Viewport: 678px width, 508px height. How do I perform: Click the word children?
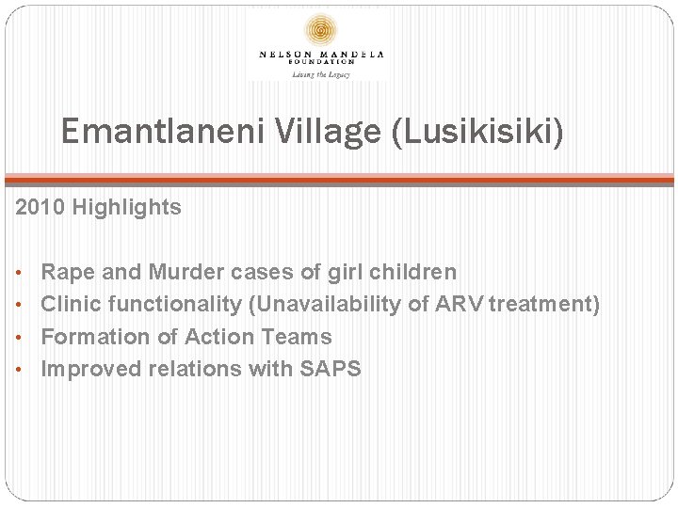coord(412,273)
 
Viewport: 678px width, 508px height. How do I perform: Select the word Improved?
coord(91,369)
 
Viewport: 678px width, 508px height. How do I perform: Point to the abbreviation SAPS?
coord(330,369)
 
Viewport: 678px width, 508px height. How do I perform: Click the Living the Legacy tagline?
coord(321,73)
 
